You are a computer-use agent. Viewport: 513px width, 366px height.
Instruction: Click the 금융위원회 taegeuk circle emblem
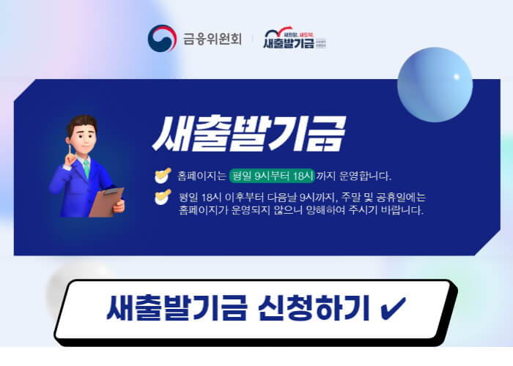(162, 39)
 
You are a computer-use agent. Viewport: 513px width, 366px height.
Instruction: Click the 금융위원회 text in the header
(213, 39)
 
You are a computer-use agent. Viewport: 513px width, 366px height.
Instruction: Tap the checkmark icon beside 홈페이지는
(162, 176)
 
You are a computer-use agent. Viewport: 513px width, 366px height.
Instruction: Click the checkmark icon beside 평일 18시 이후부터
(162, 198)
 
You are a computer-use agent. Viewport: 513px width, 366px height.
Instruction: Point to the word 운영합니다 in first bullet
(366, 176)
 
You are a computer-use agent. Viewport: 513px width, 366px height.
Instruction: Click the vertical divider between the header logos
(251, 39)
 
